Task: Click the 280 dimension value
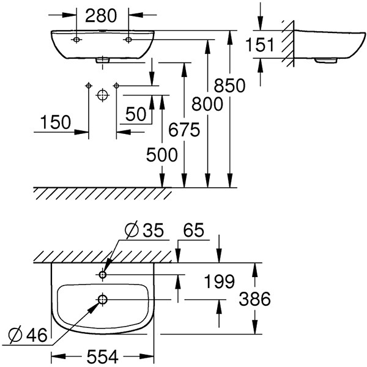pyautogui.click(x=101, y=16)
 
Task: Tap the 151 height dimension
pyautogui.click(x=259, y=45)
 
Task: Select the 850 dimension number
pyautogui.click(x=229, y=86)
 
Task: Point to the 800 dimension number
pyautogui.click(x=207, y=104)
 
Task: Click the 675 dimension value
pyautogui.click(x=184, y=130)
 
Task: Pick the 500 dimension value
pyautogui.click(x=162, y=155)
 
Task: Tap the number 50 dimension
pyautogui.click(x=136, y=114)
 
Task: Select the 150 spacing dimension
pyautogui.click(x=56, y=122)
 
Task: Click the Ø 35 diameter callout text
pyautogui.click(x=144, y=230)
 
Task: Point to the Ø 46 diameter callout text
pyautogui.click(x=28, y=335)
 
